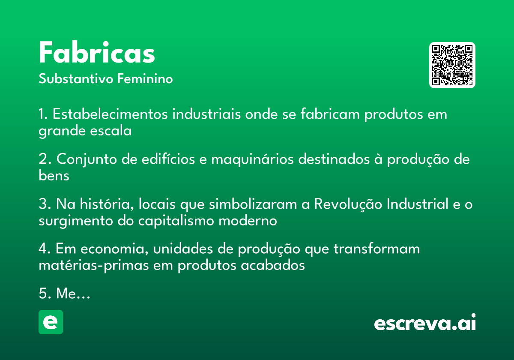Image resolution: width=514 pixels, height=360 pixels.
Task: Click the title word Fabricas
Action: (97, 52)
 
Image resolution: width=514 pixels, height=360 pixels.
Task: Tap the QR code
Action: (452, 65)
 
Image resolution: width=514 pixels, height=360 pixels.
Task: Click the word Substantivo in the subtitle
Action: (76, 79)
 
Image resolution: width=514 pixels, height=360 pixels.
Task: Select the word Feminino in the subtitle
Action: (145, 78)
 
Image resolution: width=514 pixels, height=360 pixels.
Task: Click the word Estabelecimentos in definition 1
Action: (110, 114)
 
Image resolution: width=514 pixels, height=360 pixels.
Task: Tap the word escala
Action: (111, 131)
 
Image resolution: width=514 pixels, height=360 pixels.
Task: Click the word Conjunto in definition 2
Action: (87, 159)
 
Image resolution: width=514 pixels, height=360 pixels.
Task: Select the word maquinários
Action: (252, 159)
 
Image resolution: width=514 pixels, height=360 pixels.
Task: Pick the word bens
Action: (54, 176)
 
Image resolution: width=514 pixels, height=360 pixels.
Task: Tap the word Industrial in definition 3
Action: (417, 204)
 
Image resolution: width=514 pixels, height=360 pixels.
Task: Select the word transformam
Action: (377, 249)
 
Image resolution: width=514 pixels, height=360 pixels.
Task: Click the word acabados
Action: (273, 265)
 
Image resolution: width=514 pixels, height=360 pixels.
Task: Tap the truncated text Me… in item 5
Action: (73, 294)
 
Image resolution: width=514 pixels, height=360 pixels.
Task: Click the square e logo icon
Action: (51, 322)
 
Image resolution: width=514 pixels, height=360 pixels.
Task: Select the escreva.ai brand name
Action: (425, 322)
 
